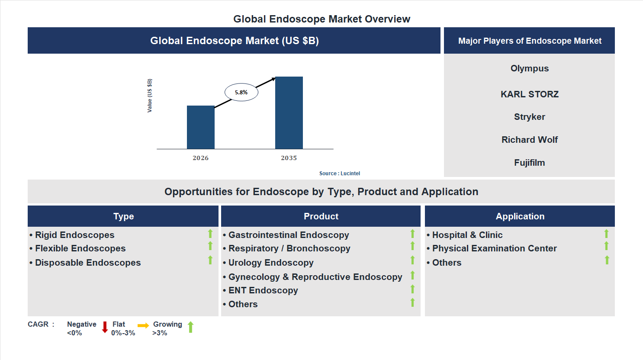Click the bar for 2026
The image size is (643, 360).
coord(200,127)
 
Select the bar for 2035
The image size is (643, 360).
coord(289,113)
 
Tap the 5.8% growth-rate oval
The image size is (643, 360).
coord(241,92)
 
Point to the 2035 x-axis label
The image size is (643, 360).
coord(289,158)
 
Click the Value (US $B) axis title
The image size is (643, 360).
coord(150,96)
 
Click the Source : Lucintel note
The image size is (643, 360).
coord(339,174)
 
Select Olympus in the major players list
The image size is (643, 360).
coord(529,68)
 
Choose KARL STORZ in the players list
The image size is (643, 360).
coord(529,94)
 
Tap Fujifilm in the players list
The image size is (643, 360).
coord(529,163)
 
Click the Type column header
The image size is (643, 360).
coord(123,216)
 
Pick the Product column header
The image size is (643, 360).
coord(321,216)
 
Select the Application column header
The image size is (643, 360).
coord(520,216)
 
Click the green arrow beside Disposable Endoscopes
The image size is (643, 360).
coord(210,260)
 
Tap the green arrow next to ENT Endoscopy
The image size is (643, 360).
coord(412,289)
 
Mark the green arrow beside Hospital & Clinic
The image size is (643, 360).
coord(606,234)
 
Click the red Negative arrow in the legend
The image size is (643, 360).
coord(105,327)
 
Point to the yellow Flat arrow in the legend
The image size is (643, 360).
coord(143,325)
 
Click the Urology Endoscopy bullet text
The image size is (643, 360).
coord(270,263)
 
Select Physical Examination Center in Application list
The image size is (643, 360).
coord(494,248)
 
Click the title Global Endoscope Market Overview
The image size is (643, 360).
coord(321,19)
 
